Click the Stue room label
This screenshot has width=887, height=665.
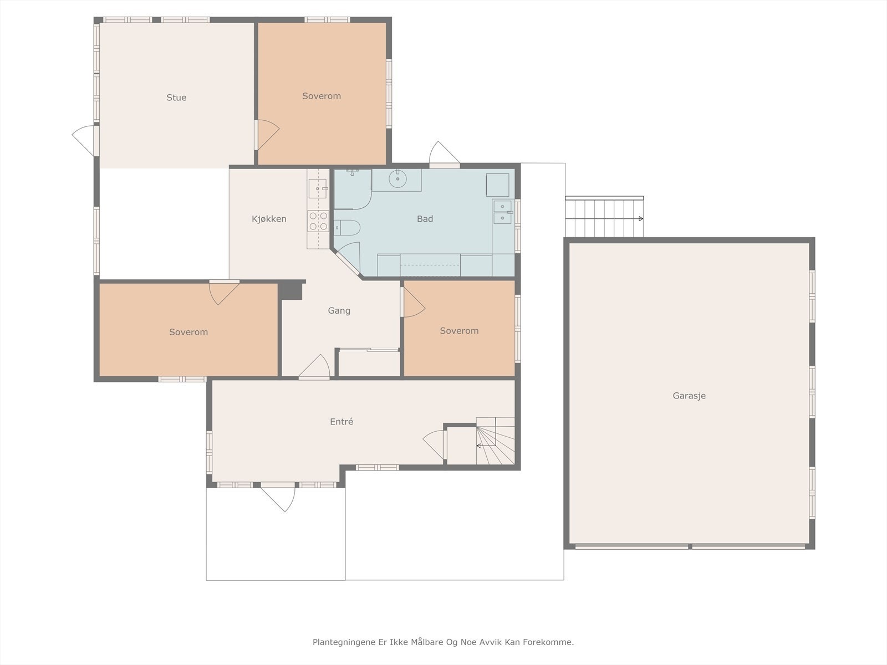(x=176, y=98)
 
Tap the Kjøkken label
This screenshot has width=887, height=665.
(x=269, y=219)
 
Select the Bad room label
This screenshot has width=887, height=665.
(x=425, y=219)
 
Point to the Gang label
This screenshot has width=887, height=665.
(x=339, y=310)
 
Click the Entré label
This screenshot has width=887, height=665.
(x=341, y=422)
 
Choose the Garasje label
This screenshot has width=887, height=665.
(x=689, y=396)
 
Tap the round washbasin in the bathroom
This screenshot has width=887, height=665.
(x=397, y=179)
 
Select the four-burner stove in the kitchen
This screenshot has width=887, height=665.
(x=318, y=221)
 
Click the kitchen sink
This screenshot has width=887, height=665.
(x=318, y=189)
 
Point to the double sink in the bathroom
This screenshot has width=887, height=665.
(x=502, y=212)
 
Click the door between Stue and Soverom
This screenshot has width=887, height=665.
(x=267, y=135)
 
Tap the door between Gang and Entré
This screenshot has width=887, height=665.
(x=314, y=367)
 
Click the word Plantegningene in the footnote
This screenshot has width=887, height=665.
(x=344, y=642)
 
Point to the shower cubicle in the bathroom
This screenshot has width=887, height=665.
(x=353, y=189)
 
